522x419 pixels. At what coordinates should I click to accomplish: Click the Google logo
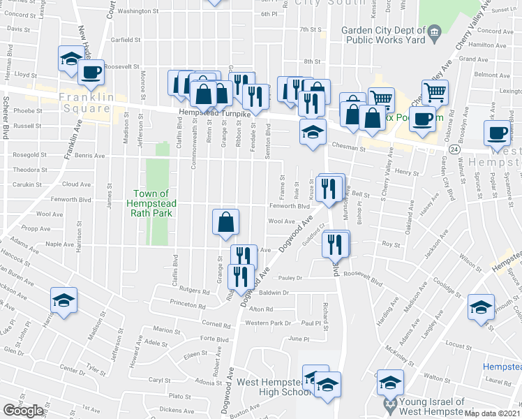point(23,411)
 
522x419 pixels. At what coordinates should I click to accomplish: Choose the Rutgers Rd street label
point(195,290)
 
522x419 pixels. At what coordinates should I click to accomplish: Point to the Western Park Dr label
point(268,323)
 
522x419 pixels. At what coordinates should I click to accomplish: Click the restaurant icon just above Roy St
point(336,243)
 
